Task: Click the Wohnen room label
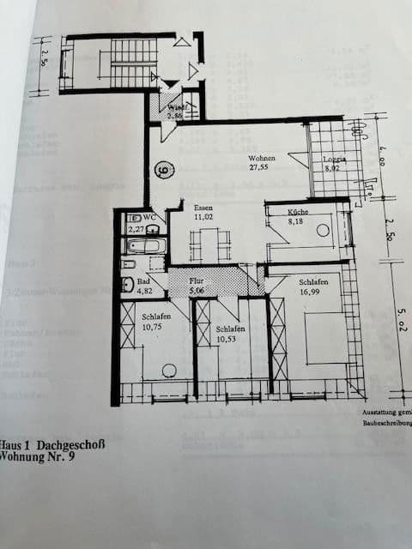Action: click(x=262, y=159)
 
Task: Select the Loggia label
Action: click(x=334, y=160)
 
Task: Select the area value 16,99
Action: click(x=312, y=293)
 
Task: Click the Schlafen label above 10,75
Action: click(x=155, y=317)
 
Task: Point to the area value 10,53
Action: click(x=232, y=339)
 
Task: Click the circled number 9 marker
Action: click(x=164, y=170)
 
